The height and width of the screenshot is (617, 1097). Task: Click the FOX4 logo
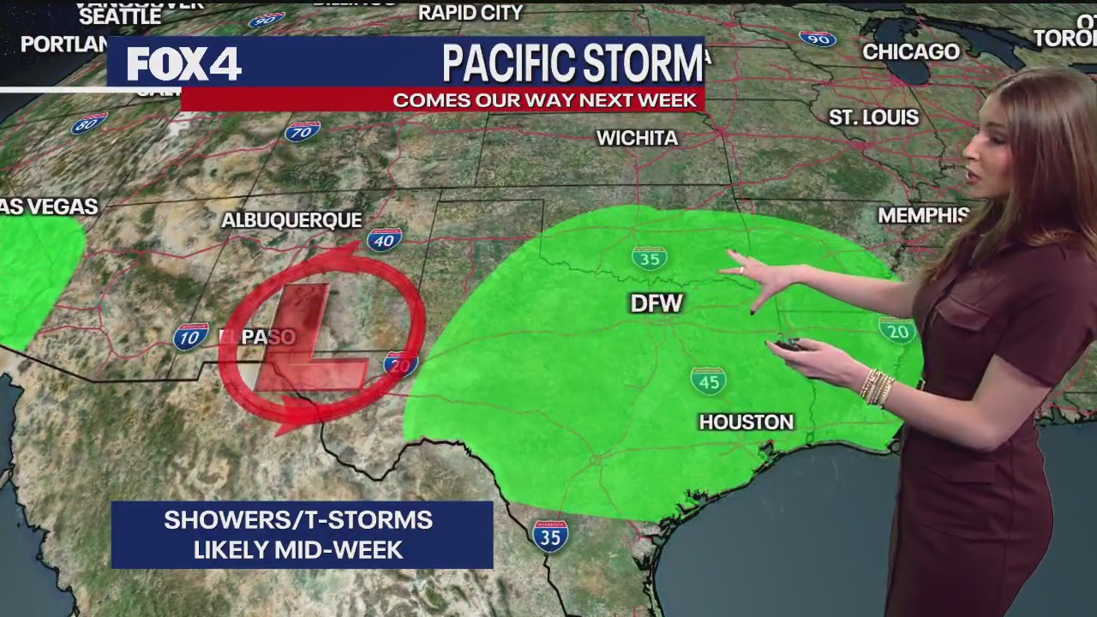click(183, 64)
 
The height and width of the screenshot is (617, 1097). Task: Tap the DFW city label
click(656, 303)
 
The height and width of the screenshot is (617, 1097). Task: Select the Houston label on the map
click(746, 422)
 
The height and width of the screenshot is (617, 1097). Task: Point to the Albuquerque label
click(291, 220)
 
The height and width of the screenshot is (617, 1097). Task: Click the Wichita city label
click(637, 138)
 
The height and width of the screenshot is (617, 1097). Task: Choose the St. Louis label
click(873, 117)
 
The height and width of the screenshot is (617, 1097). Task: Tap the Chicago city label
click(910, 51)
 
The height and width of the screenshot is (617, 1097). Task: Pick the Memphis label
click(923, 215)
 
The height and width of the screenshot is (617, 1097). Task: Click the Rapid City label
click(471, 13)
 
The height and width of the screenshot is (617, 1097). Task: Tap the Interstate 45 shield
click(709, 380)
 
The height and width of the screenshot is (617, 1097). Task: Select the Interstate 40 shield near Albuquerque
click(385, 239)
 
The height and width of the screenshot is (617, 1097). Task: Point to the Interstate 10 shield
click(190, 337)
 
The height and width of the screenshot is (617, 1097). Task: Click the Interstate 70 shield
click(302, 131)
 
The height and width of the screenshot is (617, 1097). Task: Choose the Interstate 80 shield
click(89, 124)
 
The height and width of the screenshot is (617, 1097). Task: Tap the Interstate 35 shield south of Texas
click(549, 536)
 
